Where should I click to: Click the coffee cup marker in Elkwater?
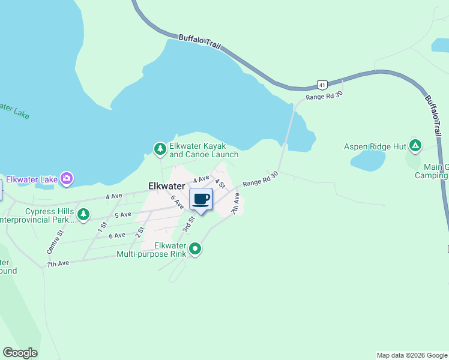pyautogui.click(x=201, y=199)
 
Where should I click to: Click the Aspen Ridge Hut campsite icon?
pyautogui.click(x=415, y=146)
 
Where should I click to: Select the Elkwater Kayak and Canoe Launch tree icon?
pyautogui.click(x=160, y=148)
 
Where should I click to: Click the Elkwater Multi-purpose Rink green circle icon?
pyautogui.click(x=195, y=248)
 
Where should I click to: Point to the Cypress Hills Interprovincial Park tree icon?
pyautogui.click(x=83, y=214)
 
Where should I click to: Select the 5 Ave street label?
pyautogui.click(x=122, y=215)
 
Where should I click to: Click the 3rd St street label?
pyautogui.click(x=188, y=224)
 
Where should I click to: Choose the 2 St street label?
pyautogui.click(x=141, y=231)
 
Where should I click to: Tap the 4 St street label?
pyautogui.click(x=220, y=182)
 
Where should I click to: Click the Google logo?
pyautogui.click(x=20, y=353)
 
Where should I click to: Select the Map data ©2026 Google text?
pyautogui.click(x=412, y=355)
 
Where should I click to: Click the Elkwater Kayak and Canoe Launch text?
pyautogui.click(x=203, y=150)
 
